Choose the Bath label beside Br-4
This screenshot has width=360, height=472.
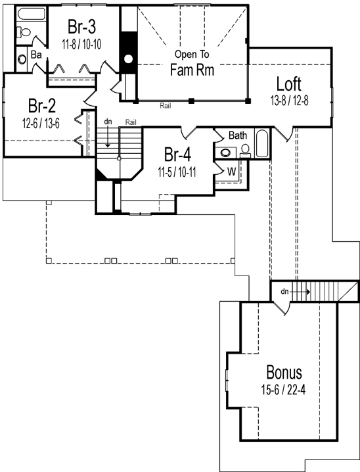237,135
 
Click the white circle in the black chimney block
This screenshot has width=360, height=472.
129,59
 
